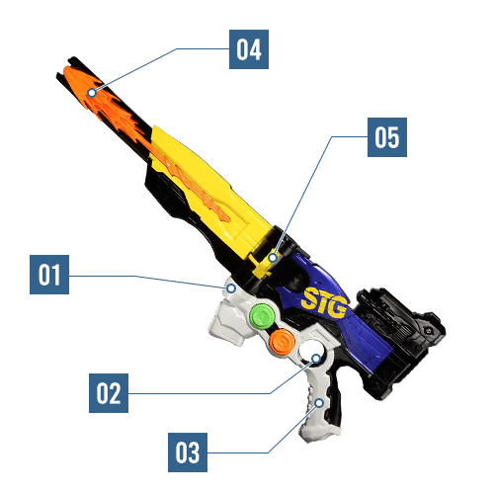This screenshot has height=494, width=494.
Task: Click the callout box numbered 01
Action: pos(49,275)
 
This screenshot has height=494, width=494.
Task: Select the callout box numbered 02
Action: pos(109,393)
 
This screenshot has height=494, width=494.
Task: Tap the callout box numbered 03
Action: pos(188,453)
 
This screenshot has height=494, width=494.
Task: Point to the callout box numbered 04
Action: pos(249,49)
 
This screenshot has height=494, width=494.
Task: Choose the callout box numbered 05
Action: pos(387,137)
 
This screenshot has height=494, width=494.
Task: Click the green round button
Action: pos(262,316)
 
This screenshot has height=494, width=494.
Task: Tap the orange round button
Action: pos(282,342)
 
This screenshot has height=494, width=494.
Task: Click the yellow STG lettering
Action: pos(325,303)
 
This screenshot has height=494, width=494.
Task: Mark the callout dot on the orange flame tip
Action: pos(92,93)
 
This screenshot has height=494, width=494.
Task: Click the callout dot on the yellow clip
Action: pos(272,258)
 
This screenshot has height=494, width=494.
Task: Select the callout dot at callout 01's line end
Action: pos(231,288)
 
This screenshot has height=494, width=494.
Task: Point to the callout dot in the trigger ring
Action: pos(316,359)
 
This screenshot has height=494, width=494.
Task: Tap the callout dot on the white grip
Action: pos(319,403)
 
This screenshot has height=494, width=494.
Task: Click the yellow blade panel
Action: pos(210,185)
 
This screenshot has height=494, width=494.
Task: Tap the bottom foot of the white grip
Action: pos(318,432)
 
